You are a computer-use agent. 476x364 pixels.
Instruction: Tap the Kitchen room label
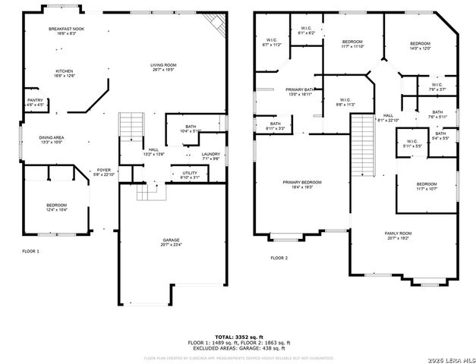64,73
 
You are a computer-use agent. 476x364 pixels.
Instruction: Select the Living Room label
163,67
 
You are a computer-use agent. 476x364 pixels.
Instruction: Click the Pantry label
35,102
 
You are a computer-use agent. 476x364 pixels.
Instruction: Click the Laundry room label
210,156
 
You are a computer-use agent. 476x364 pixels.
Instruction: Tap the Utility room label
190,175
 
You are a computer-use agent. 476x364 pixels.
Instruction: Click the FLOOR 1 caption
30,251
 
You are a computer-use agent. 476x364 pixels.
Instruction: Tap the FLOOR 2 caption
279,258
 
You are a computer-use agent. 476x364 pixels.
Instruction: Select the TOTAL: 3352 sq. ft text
238,336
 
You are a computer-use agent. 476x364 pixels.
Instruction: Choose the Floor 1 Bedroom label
56,206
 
